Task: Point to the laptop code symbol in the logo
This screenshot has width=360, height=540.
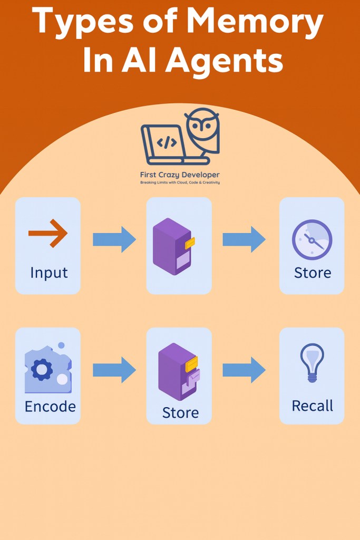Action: (167, 142)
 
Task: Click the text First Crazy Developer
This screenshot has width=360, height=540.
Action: (179, 175)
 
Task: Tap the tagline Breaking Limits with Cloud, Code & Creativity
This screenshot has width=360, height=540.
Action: (179, 182)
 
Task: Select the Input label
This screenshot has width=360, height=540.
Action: (48, 273)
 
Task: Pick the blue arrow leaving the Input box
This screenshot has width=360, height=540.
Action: (114, 239)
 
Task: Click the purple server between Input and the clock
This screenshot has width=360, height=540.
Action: (173, 246)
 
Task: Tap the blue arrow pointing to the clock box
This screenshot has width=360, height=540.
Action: (244, 239)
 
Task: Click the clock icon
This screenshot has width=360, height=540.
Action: (312, 240)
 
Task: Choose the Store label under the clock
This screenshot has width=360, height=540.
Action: (312, 273)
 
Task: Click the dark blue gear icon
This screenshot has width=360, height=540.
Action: (42, 369)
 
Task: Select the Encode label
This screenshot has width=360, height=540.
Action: (50, 407)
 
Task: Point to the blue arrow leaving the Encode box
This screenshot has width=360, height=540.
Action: (114, 370)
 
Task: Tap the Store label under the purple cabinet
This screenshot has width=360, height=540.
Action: (180, 412)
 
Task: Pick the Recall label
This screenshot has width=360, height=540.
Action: (312, 406)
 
